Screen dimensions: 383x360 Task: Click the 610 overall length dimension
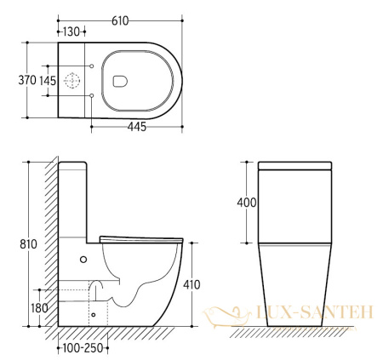(x=120, y=21)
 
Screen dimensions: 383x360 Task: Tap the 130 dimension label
(x=71, y=32)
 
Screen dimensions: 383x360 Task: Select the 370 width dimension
(x=27, y=80)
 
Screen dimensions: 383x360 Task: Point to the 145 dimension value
(x=48, y=81)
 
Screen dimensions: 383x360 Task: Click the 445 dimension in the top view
(x=137, y=127)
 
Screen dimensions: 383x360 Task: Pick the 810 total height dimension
(x=28, y=244)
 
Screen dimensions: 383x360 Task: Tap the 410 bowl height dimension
(x=191, y=284)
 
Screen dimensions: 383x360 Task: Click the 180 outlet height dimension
(x=39, y=308)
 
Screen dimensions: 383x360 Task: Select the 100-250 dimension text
(x=83, y=348)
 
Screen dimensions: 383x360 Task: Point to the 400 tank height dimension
(x=247, y=203)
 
